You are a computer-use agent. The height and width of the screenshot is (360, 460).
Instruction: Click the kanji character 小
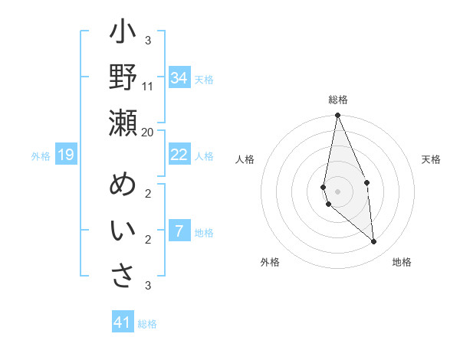pyautogui.click(x=123, y=33)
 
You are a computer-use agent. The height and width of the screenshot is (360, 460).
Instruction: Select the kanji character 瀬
pyautogui.click(x=123, y=123)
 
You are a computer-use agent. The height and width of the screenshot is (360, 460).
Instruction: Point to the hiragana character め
pyautogui.click(x=123, y=185)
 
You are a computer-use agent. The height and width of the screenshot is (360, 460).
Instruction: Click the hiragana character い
pyautogui.click(x=123, y=231)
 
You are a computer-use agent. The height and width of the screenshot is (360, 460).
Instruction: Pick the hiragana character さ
pyautogui.click(x=123, y=276)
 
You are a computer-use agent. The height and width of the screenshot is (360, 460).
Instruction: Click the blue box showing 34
pyautogui.click(x=179, y=78)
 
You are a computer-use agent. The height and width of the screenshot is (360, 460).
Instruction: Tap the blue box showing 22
pyautogui.click(x=179, y=155)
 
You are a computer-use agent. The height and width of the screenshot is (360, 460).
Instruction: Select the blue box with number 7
pyautogui.click(x=179, y=231)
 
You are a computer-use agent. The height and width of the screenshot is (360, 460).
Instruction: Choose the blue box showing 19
pyautogui.click(x=66, y=155)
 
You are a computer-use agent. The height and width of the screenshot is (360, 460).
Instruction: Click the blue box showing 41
pyautogui.click(x=123, y=322)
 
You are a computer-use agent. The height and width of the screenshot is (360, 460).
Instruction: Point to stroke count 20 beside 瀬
pyautogui.click(x=148, y=132)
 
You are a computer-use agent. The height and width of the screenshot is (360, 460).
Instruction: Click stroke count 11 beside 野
pyautogui.click(x=148, y=86)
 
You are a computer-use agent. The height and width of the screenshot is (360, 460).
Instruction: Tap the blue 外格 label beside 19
pyautogui.click(x=41, y=156)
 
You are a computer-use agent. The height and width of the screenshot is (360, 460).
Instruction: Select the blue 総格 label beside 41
pyautogui.click(x=147, y=324)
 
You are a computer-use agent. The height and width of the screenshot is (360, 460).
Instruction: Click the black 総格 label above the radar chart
pyautogui.click(x=338, y=100)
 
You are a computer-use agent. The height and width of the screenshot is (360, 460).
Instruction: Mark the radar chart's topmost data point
pyautogui.click(x=337, y=116)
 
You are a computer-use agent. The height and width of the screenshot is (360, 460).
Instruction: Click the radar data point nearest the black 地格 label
pyautogui.click(x=374, y=242)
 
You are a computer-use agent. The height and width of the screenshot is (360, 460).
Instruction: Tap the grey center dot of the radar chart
pyautogui.click(x=337, y=191)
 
